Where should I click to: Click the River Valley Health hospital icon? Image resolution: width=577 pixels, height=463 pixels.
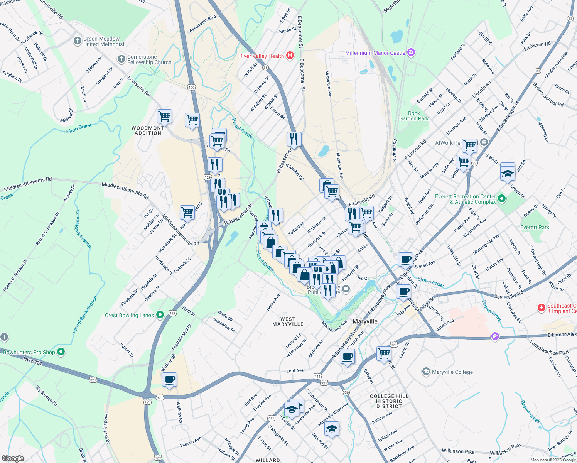point(290,56)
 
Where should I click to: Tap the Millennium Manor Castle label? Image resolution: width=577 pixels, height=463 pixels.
point(375,53)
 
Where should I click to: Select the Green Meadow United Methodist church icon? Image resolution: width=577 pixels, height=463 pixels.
point(77,41)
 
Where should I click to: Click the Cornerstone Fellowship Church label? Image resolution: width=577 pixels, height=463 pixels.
point(149,59)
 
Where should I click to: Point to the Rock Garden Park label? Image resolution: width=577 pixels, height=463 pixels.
point(414,116)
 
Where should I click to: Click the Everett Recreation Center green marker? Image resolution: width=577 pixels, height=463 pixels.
point(501,199)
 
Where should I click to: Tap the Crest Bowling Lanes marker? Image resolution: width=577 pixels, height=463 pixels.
point(160,315)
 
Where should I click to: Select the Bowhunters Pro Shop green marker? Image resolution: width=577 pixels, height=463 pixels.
point(61,352)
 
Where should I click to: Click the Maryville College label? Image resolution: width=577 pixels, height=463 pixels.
point(452,372)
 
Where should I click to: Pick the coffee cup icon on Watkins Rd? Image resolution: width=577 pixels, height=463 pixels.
point(169,380)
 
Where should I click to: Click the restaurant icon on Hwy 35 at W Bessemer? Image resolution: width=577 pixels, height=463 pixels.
point(294,139)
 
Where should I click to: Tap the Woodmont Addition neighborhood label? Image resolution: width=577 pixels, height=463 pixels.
point(148,130)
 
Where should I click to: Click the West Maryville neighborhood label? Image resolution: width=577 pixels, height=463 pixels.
point(288,321)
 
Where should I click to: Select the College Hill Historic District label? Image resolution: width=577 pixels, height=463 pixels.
point(389,401)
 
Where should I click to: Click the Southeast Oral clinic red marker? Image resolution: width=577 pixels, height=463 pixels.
point(542,308)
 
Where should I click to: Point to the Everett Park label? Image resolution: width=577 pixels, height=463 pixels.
point(535,227)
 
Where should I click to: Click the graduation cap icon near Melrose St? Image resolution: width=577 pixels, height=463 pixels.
point(332,429)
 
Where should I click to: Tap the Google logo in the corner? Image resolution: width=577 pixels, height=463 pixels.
point(13,458)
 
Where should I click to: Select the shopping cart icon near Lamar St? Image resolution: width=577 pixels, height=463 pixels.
point(384,353)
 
